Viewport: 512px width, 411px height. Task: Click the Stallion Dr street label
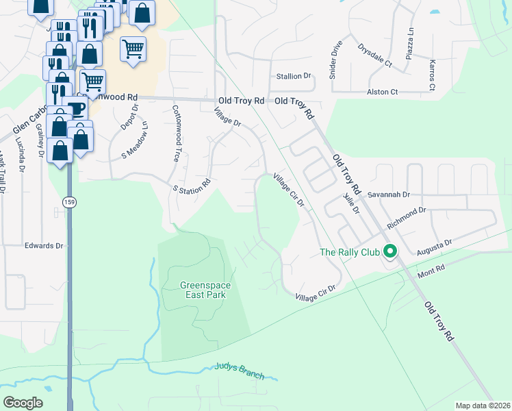pos(293,77)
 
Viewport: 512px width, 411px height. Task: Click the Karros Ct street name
pos(432,75)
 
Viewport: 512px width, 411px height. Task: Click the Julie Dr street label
pos(351,203)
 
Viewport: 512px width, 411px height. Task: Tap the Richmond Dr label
pos(407,219)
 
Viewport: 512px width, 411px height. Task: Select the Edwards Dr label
pos(44,245)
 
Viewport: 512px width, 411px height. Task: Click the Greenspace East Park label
pos(202,290)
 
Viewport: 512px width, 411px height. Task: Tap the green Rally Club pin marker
pos(390,252)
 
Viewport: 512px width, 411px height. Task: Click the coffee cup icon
pos(76,109)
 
